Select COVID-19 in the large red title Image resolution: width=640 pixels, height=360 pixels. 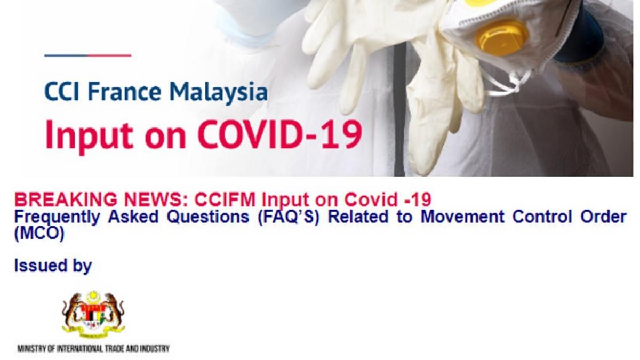281,134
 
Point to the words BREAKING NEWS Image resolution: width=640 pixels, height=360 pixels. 101,199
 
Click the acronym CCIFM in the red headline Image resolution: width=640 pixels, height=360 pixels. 225,199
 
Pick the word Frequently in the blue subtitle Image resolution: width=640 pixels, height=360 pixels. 57,217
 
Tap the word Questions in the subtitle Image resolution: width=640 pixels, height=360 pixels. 208,217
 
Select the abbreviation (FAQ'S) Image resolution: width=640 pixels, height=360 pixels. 289,217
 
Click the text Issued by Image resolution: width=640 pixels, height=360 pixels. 53,266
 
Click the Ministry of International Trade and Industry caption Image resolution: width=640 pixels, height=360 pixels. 93,349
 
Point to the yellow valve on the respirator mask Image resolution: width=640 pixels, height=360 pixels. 502,38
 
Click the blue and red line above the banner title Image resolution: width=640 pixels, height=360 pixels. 87,55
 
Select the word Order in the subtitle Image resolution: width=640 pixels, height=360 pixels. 603,217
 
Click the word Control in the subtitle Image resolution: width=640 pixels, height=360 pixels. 542,217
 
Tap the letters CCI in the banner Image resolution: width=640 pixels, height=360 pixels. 62,92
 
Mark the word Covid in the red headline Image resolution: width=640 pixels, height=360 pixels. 371,199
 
